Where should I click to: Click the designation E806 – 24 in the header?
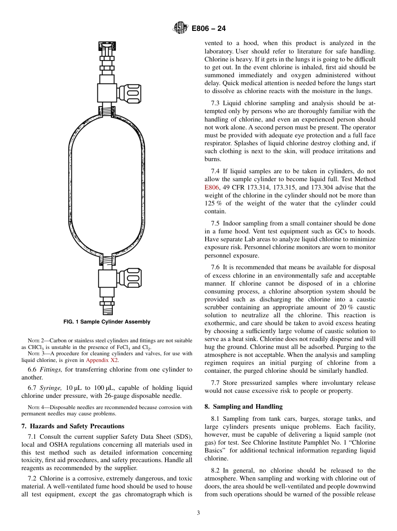click(209, 29)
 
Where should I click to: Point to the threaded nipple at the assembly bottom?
click(107, 310)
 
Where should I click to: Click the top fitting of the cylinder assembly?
click(107, 50)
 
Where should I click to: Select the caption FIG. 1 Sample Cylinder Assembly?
click(107, 322)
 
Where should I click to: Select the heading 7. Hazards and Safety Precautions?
click(73, 426)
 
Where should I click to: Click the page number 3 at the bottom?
click(198, 513)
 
